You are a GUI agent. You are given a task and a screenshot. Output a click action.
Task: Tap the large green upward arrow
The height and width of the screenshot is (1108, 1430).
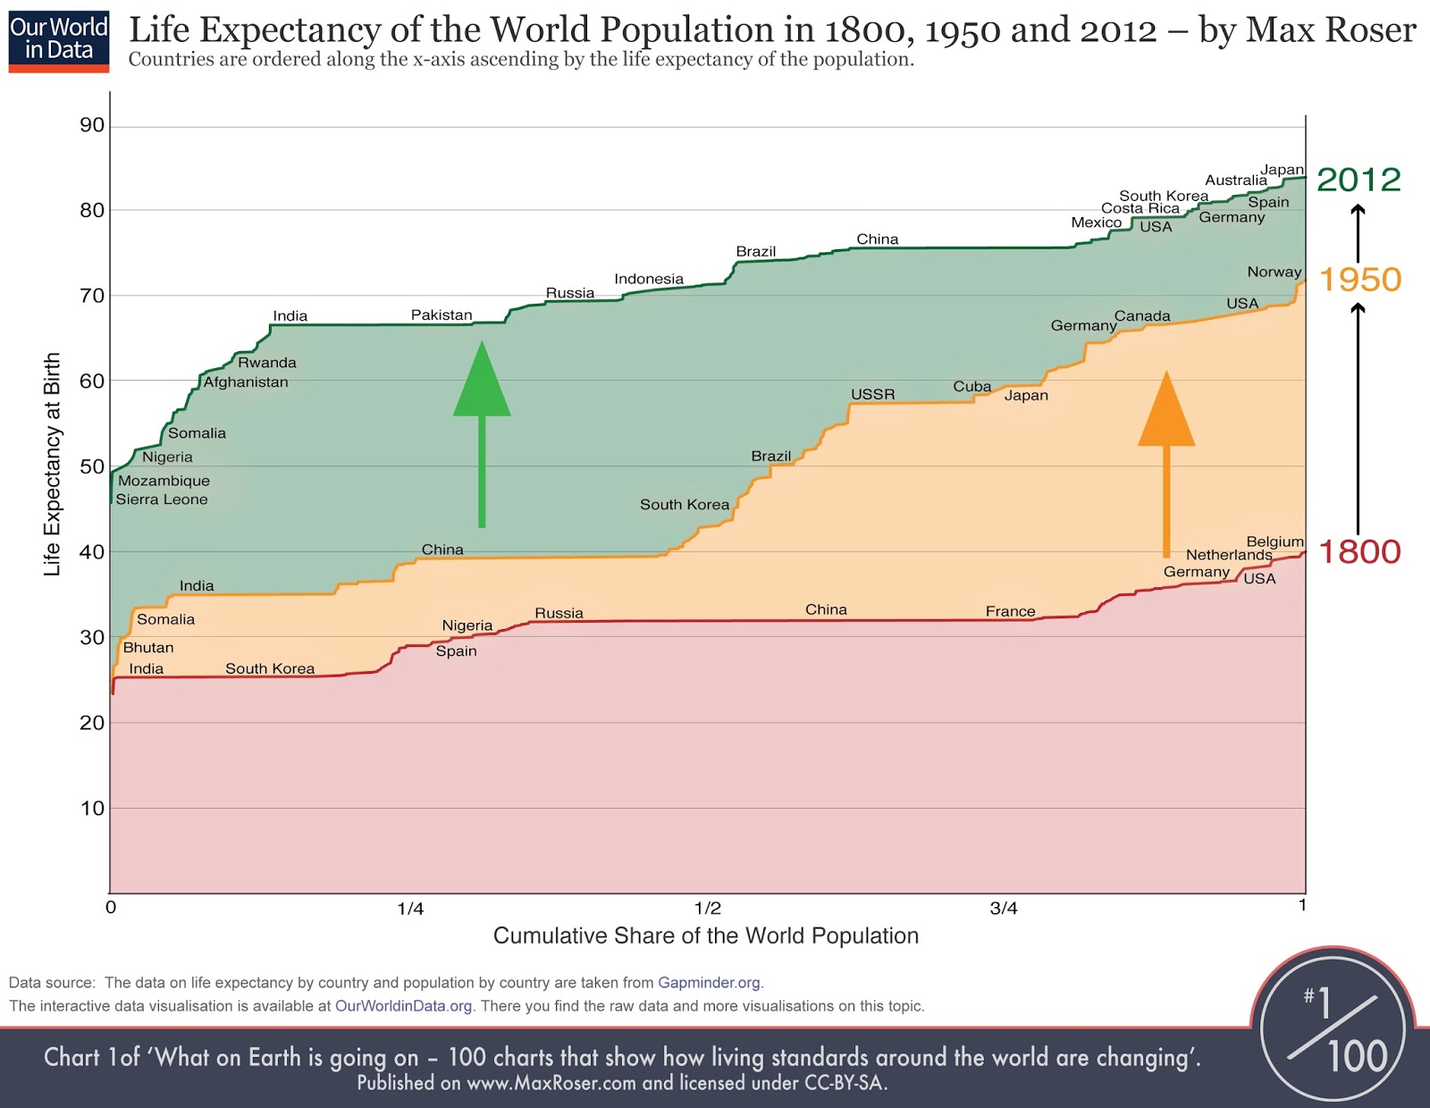(x=482, y=429)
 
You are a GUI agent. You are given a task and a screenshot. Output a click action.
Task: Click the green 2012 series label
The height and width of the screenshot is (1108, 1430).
(x=1358, y=180)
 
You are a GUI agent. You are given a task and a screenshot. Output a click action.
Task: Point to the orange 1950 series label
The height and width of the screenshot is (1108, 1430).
(x=1360, y=280)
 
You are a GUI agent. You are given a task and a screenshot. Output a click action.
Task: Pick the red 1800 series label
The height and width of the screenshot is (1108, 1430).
(x=1359, y=552)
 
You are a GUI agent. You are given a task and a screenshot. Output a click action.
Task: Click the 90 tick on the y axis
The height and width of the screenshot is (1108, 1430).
(x=92, y=125)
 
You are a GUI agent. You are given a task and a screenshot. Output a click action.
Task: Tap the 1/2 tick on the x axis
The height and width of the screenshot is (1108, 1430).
(x=708, y=909)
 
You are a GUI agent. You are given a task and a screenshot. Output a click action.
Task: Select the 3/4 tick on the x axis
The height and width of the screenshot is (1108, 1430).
(x=1004, y=909)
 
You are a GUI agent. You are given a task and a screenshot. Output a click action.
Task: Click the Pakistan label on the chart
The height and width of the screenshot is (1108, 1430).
(x=442, y=315)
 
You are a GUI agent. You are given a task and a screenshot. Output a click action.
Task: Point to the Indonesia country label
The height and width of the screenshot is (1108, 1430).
(x=649, y=279)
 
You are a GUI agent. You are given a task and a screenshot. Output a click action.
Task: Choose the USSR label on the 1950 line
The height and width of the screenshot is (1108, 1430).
(x=872, y=394)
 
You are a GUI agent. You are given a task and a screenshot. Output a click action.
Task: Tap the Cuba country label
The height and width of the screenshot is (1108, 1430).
(x=972, y=386)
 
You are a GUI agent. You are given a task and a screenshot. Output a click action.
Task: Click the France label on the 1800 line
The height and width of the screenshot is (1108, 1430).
(x=1010, y=611)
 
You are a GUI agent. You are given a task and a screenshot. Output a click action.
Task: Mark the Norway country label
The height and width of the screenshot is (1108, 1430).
(x=1274, y=272)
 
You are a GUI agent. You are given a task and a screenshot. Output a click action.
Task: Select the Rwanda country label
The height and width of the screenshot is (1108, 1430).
(x=266, y=362)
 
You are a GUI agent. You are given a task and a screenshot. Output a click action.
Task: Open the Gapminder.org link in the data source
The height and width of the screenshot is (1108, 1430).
(x=709, y=983)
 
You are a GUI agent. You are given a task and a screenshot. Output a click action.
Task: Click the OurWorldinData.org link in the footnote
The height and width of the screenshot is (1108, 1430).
(x=403, y=1006)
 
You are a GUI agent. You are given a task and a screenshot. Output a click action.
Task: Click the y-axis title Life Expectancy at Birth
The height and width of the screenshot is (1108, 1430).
(x=52, y=464)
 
